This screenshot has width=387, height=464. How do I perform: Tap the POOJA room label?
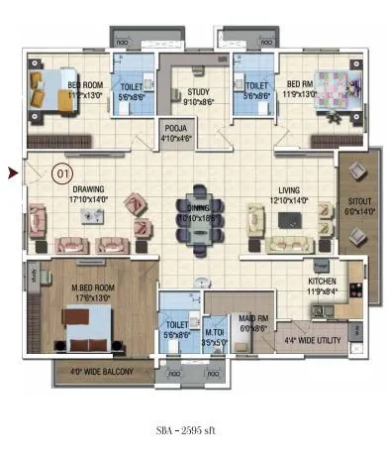tap(175, 131)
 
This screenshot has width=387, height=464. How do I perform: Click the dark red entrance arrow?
tap(13, 174)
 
